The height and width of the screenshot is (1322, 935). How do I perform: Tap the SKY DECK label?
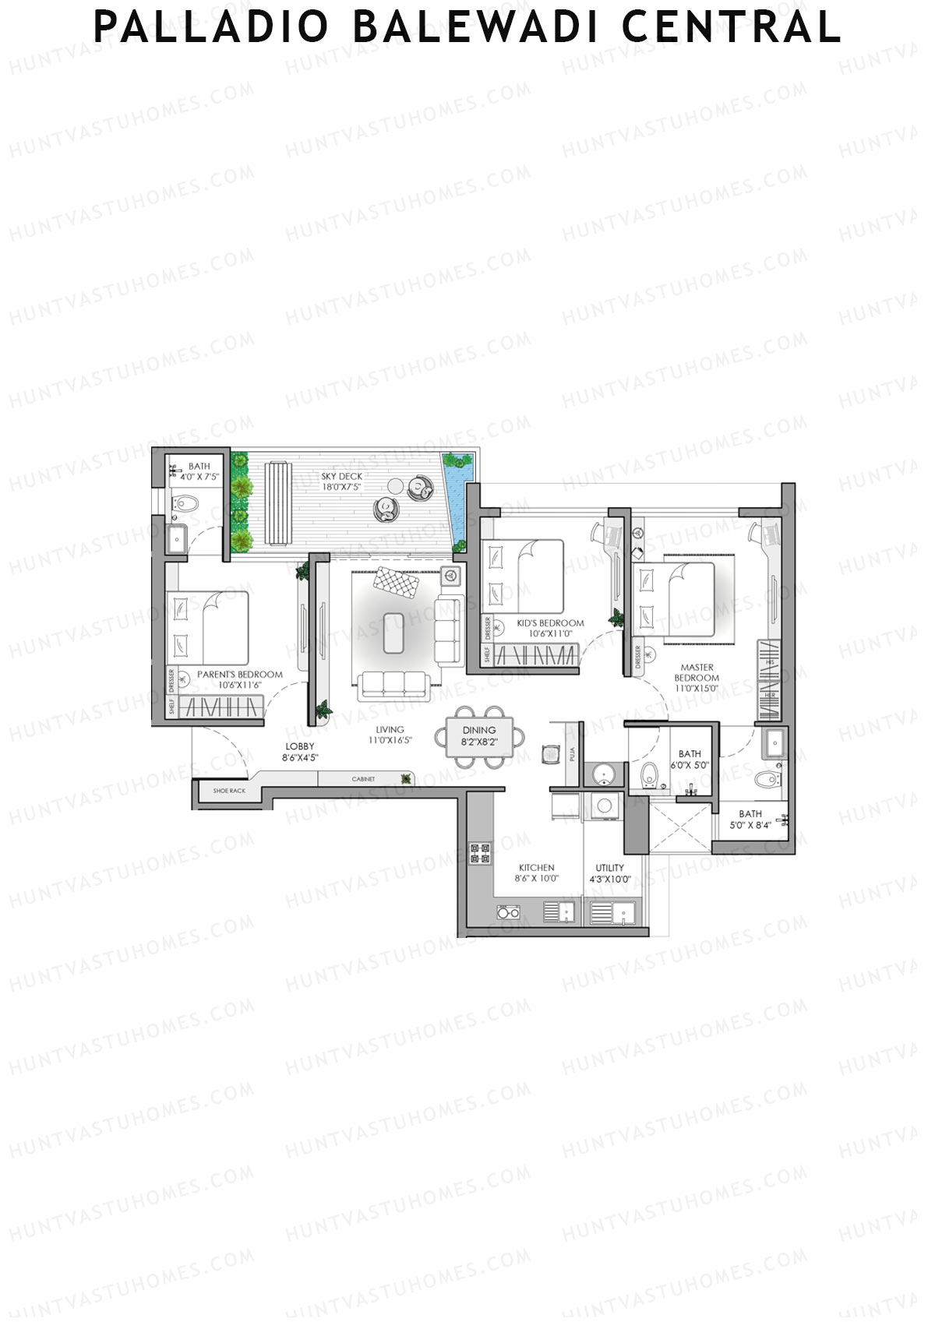click(342, 476)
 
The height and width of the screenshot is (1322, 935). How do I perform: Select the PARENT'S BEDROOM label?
click(239, 675)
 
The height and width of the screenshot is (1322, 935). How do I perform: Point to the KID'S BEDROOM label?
click(550, 623)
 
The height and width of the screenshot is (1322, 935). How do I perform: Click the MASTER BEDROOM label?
click(697, 672)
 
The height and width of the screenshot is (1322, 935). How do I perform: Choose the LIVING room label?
click(390, 730)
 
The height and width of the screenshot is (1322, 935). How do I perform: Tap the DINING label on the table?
click(478, 731)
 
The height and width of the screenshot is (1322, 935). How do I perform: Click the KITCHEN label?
click(537, 868)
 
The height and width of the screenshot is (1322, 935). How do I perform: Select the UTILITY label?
click(609, 868)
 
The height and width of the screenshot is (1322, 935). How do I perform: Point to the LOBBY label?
click(300, 746)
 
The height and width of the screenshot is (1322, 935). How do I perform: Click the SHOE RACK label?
click(229, 791)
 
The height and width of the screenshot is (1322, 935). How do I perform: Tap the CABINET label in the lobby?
click(363, 779)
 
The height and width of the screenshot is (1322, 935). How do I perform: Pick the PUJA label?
click(572, 754)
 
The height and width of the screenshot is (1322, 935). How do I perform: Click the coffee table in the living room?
click(393, 632)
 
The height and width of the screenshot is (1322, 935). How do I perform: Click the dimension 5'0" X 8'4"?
click(750, 825)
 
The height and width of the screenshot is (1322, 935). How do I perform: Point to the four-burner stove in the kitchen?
click(480, 853)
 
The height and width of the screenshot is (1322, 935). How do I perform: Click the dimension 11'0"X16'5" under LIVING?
click(390, 741)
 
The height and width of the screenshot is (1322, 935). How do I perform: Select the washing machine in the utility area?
click(604, 806)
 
